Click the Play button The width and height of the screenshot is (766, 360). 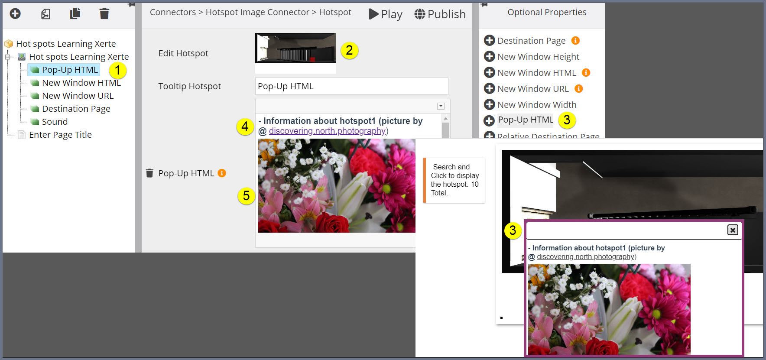[x=385, y=14]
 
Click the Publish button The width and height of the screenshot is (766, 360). [x=440, y=14]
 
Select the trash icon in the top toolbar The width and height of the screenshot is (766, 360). [x=104, y=14]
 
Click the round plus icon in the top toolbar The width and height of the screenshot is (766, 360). [x=15, y=14]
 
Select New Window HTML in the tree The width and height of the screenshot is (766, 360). [x=81, y=83]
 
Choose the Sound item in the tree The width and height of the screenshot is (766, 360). [x=55, y=122]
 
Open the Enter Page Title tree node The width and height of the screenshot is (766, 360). [x=60, y=135]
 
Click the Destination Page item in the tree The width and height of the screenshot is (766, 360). [x=76, y=109]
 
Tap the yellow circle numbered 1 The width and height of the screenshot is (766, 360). [x=117, y=70]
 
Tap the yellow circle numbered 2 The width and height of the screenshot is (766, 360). [x=349, y=50]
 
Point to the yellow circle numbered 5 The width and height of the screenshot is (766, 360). [x=246, y=196]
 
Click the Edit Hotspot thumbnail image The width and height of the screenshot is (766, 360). [x=295, y=48]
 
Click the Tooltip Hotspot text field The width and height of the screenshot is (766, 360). [x=351, y=86]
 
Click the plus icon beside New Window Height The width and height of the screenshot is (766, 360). [x=489, y=57]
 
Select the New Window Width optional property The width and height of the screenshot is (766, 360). [x=536, y=105]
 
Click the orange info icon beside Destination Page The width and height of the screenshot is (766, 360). [x=575, y=40]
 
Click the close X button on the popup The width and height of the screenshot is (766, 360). [x=732, y=230]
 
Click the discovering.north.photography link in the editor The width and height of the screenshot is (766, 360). [x=327, y=131]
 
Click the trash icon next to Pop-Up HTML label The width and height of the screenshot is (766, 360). [x=149, y=173]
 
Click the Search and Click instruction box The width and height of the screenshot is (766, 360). [x=454, y=180]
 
